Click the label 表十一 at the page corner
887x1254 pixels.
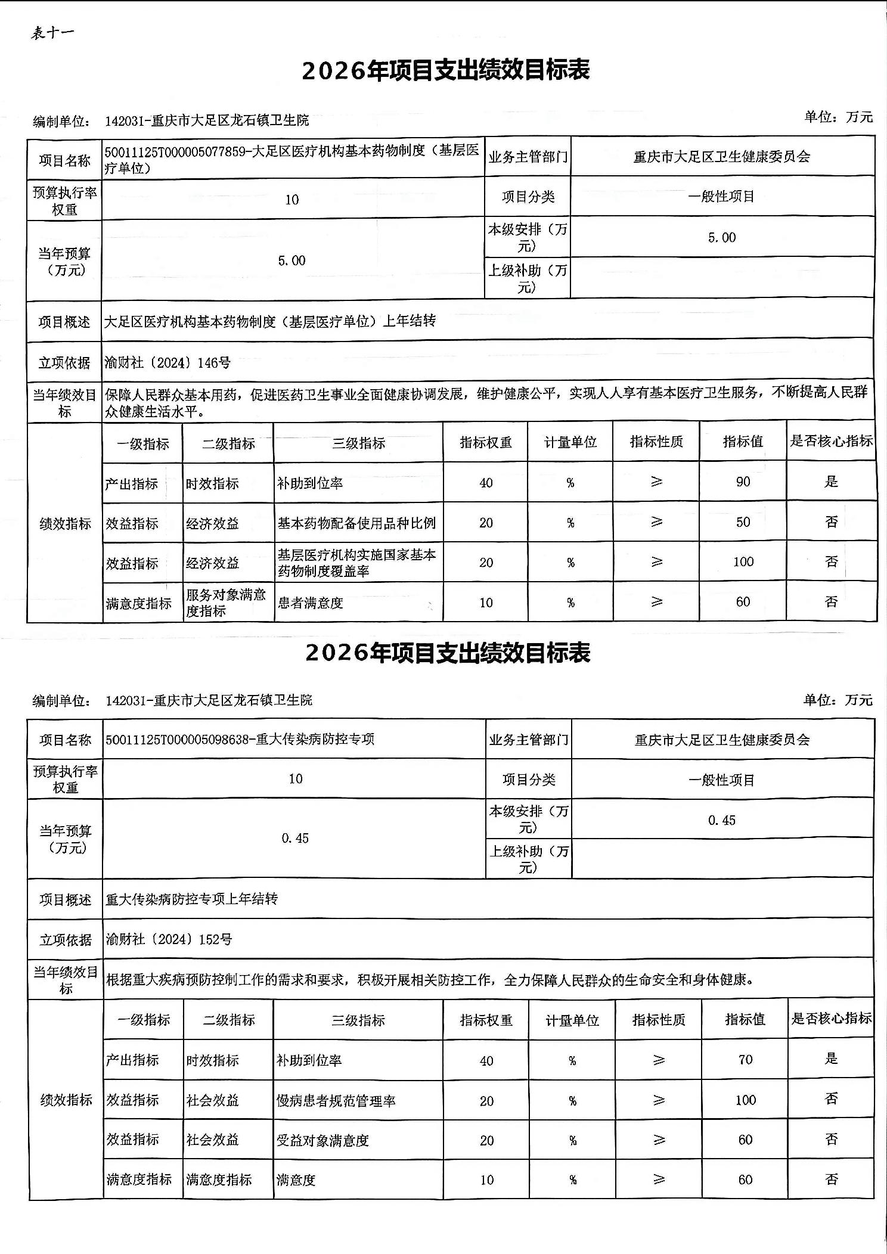click(52, 33)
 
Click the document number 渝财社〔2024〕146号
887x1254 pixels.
click(168, 362)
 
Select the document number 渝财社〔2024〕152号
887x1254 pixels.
click(169, 939)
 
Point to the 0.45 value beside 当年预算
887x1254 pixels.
click(295, 838)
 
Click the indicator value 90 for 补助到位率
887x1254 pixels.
click(743, 482)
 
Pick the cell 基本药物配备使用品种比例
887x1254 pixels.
click(356, 523)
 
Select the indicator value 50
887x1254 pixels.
click(743, 522)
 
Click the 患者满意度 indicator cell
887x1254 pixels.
click(311, 603)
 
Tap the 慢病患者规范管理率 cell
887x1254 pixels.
click(336, 1101)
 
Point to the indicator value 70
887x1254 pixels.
click(745, 1060)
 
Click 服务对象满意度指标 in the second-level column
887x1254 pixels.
click(226, 603)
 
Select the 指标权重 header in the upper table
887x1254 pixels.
click(486, 442)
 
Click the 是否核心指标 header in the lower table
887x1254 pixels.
click(831, 1019)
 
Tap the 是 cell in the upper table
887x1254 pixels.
click(831, 482)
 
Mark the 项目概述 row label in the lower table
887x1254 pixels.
click(66, 899)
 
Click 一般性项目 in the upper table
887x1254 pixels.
click(721, 197)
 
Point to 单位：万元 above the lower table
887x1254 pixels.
click(838, 700)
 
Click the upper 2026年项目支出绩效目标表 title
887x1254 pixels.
click(445, 70)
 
